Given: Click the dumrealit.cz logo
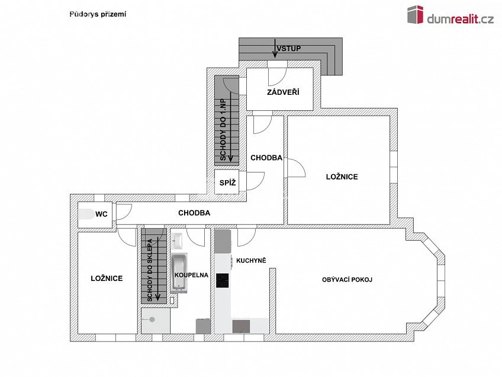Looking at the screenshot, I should tap(450, 16).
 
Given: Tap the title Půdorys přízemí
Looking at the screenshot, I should tap(98, 14).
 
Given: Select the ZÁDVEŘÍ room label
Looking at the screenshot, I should tap(283, 92).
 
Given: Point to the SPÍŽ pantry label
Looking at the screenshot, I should tap(228, 183).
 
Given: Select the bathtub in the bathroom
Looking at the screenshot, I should tap(179, 273).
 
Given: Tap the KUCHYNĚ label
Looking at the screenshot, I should tap(251, 260).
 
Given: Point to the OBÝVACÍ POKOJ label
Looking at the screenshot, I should tap(347, 280).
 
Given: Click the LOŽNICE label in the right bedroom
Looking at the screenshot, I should tap(342, 177).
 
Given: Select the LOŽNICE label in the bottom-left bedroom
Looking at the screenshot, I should tap(107, 278).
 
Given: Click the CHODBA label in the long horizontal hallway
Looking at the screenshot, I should tap(194, 212).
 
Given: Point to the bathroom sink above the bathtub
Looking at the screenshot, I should tap(179, 241).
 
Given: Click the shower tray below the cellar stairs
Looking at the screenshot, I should tap(155, 321).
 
